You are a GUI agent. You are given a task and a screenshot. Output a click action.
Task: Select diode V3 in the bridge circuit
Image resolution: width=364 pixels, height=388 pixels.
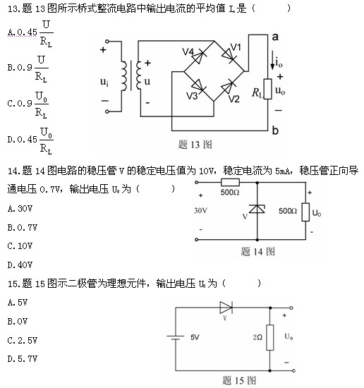[x=198, y=85]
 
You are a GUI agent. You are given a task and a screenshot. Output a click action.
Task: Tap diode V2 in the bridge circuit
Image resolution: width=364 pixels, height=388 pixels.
[x=228, y=86]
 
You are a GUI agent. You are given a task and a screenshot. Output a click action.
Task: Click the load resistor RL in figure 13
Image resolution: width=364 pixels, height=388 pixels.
[x=268, y=89]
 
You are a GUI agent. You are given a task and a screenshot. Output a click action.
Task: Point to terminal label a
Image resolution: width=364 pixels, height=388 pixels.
[x=275, y=37]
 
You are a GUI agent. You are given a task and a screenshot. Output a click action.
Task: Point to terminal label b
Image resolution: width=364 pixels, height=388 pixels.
[x=275, y=130]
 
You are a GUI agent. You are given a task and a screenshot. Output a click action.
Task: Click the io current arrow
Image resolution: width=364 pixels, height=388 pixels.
[x=272, y=60]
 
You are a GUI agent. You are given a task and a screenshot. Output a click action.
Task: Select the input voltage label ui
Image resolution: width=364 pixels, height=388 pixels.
[x=104, y=82]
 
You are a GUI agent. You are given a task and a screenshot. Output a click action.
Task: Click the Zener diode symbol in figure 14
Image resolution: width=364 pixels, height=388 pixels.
[x=257, y=209]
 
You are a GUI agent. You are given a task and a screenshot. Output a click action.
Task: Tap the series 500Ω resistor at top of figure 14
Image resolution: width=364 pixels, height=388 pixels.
[x=230, y=183]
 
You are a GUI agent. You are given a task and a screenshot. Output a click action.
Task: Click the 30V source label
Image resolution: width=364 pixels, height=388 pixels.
[x=200, y=211]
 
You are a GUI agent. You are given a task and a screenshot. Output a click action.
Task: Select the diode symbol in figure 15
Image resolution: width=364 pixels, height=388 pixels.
[x=226, y=308]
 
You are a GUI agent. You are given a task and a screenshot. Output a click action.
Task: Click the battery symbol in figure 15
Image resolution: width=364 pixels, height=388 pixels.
[x=176, y=337]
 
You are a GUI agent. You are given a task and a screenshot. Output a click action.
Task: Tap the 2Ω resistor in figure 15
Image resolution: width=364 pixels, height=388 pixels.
[x=270, y=337]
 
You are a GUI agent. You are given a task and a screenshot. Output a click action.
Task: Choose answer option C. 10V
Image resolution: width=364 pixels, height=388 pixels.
[x=20, y=246]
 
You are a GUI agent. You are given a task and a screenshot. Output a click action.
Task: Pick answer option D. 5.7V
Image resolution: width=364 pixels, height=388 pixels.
[x=23, y=359]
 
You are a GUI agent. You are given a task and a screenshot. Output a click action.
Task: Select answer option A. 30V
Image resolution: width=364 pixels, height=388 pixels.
[x=20, y=209]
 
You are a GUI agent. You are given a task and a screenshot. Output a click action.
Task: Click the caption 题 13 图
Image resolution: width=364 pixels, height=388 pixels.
[x=195, y=145]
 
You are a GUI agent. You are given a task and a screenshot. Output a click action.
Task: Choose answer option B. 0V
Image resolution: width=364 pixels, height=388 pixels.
[x=18, y=322]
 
